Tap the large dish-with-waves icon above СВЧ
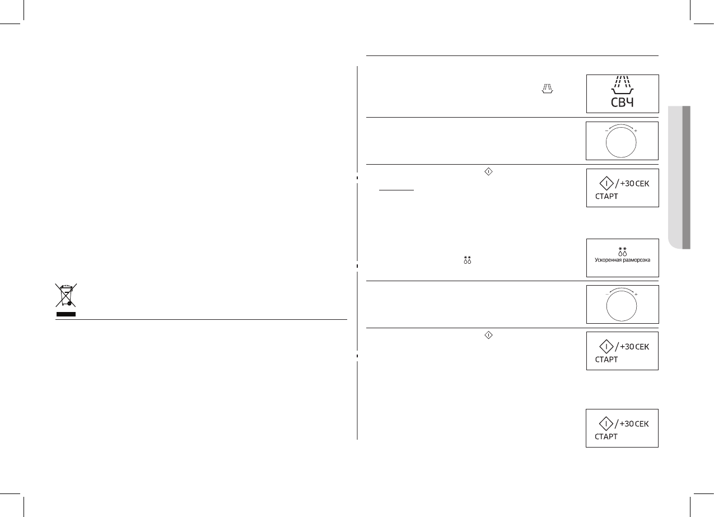[622, 87]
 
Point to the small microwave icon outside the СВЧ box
[547, 88]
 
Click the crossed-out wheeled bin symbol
[66, 297]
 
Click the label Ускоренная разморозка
[622, 260]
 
